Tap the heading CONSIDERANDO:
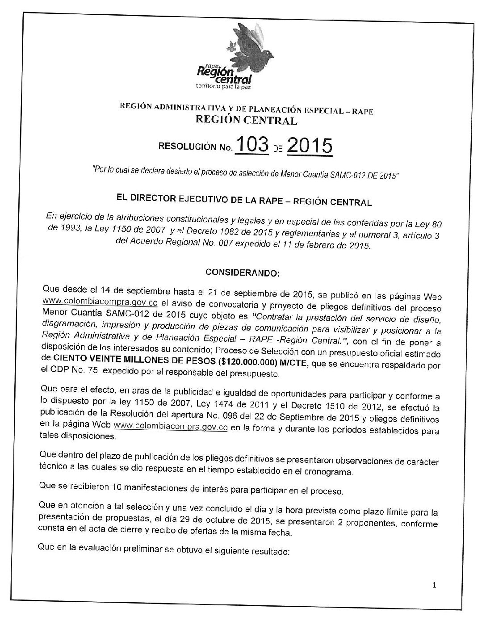(242, 272)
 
